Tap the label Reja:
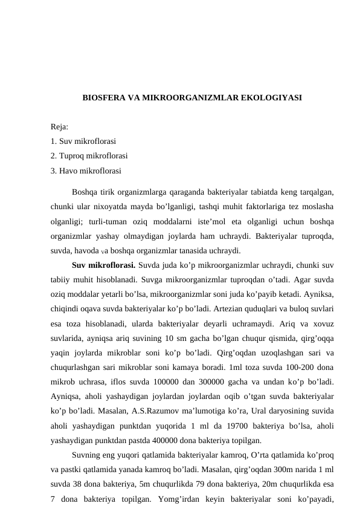(60, 128)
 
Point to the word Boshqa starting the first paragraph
(84, 192)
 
